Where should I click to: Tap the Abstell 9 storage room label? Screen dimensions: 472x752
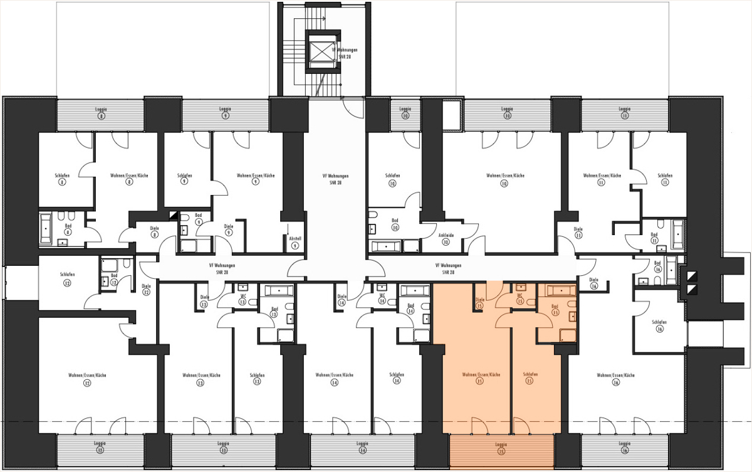pyautogui.click(x=295, y=241)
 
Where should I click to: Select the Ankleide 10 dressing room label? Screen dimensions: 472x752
pyautogui.click(x=446, y=238)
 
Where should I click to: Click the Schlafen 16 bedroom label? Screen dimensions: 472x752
pyautogui.click(x=658, y=325)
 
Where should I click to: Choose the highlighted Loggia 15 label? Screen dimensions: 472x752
pyautogui.click(x=501, y=448)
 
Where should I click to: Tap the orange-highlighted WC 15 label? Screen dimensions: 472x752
pyautogui.click(x=520, y=298)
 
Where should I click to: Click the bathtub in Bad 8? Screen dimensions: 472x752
pyautogui.click(x=48, y=229)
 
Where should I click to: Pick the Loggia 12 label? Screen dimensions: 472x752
pyautogui.click(x=101, y=447)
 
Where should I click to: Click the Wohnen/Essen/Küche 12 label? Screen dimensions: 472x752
pyautogui.click(x=87, y=379)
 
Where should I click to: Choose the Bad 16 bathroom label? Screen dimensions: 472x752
pyautogui.click(x=657, y=266)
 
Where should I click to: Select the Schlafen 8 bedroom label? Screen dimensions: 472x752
pyautogui.click(x=62, y=179)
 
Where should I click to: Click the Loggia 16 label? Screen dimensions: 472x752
pyautogui.click(x=624, y=447)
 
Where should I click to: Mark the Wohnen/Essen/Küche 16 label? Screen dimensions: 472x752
pyautogui.click(x=616, y=379)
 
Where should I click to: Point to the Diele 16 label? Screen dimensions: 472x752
pyautogui.click(x=593, y=283)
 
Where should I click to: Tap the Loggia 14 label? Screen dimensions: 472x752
pyautogui.click(x=362, y=447)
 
